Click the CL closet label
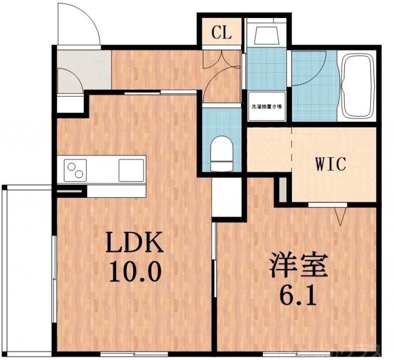click(221, 33)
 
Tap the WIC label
click(330, 164)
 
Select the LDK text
click(134, 245)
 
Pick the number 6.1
click(301, 296)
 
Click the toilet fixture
click(222, 153)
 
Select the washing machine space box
click(267, 106)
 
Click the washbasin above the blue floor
click(267, 35)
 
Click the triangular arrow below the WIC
click(341, 216)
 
